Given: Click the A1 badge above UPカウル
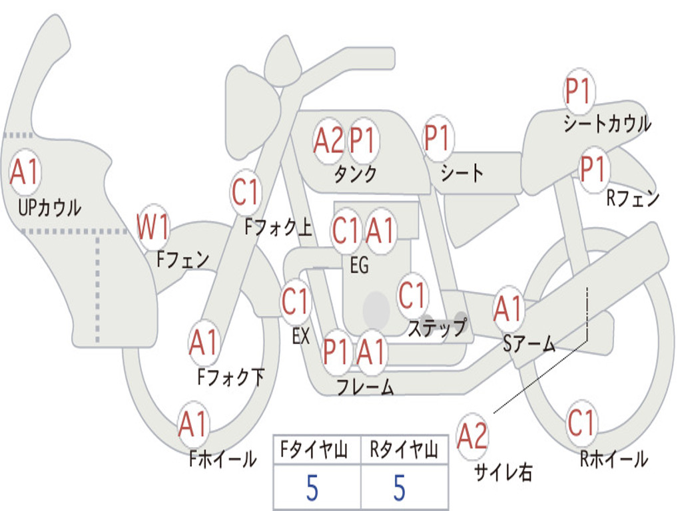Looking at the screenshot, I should (x=25, y=173).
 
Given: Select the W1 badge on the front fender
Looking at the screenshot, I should (x=153, y=228).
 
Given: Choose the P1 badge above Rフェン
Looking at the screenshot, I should (x=592, y=169).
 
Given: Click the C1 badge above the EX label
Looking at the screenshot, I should (x=296, y=301).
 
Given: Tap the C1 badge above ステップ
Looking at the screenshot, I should (x=412, y=295).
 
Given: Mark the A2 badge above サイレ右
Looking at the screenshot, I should (x=473, y=436).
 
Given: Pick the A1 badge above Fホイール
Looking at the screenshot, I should (x=194, y=425).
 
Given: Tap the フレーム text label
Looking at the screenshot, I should (x=365, y=387).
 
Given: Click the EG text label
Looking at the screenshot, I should (x=359, y=265).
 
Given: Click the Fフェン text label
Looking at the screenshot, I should (x=183, y=259).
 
